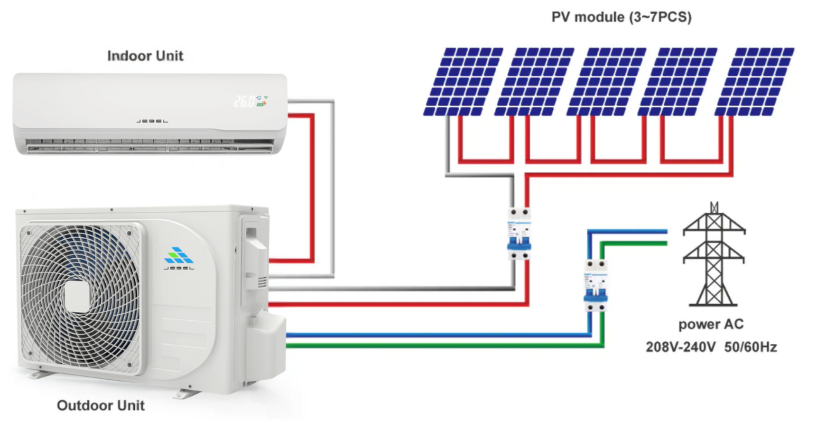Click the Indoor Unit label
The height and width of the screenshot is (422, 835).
pyautogui.click(x=145, y=56)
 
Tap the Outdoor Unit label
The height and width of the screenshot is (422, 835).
pyautogui.click(x=101, y=405)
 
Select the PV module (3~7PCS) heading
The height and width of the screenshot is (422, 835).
pyautogui.click(x=621, y=18)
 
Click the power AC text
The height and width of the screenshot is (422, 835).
pyautogui.click(x=711, y=325)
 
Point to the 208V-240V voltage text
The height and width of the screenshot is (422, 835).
pyautogui.click(x=680, y=347)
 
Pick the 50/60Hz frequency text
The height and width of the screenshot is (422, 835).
pyautogui.click(x=751, y=347)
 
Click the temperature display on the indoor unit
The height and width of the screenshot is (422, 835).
pyautogui.click(x=244, y=101)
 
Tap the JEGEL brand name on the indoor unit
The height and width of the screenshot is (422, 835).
pyautogui.click(x=152, y=122)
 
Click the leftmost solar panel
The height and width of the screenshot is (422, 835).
pyautogui.click(x=463, y=81)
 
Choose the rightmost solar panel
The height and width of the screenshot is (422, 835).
pyautogui.click(x=754, y=81)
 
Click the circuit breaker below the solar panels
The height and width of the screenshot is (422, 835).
pyautogui.click(x=519, y=234)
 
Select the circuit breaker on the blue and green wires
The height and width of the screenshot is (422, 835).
pyautogui.click(x=595, y=285)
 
